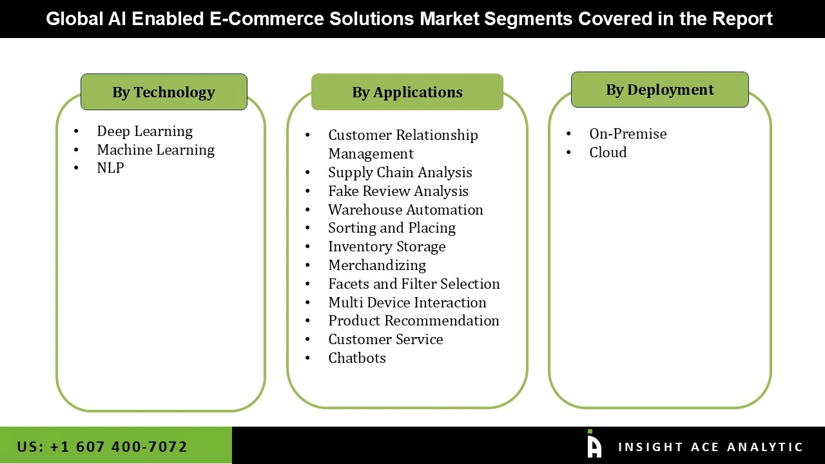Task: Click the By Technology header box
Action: (164, 92)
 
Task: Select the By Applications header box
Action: (407, 92)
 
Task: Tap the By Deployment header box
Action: (659, 90)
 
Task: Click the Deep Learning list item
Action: (144, 131)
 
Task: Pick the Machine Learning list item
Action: (155, 150)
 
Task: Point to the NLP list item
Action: (110, 168)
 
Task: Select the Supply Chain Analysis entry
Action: (400, 173)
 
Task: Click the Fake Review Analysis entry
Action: (398, 191)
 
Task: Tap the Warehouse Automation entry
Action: (405, 210)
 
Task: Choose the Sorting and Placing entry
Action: (391, 228)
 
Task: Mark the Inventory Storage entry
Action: (387, 247)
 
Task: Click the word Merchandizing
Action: (376, 266)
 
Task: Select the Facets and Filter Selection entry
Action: (414, 284)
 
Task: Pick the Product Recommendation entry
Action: (413, 321)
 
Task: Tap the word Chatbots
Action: (356, 358)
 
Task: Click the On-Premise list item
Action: (628, 134)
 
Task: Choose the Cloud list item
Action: (608, 153)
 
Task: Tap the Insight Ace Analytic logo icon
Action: (594, 444)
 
